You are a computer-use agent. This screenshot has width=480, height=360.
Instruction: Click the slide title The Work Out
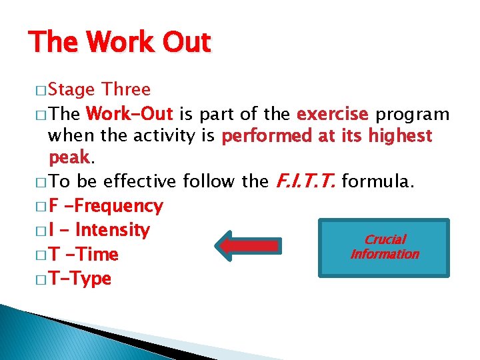coord(120,43)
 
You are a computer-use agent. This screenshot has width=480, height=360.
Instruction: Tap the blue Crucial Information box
coord(384,247)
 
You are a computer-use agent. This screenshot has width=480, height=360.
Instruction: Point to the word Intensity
coord(113,231)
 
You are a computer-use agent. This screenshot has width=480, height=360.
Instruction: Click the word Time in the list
coord(97,255)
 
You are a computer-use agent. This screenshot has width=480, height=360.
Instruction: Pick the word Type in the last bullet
coord(89,279)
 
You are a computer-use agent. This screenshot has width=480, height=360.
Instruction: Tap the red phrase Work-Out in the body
coord(130,113)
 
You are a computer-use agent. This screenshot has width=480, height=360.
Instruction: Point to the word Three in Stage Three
coord(126,89)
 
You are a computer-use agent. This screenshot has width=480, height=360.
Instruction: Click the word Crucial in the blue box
coord(385,239)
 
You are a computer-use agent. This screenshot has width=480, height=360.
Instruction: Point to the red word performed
coord(267,137)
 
